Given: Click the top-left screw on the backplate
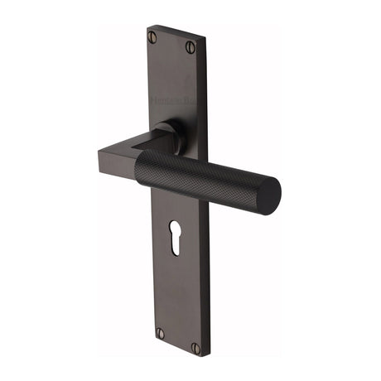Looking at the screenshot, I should point(152,36).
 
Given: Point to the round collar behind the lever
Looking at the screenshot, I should point(166,137).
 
